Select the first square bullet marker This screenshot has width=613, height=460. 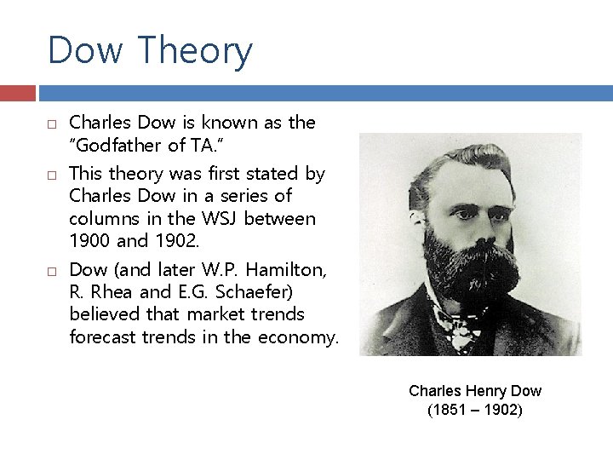pyautogui.click(x=52, y=124)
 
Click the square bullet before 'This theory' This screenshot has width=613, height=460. pyautogui.click(x=52, y=175)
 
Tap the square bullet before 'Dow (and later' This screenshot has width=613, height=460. pyautogui.click(x=52, y=271)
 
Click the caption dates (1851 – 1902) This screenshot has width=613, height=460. pyautogui.click(x=475, y=411)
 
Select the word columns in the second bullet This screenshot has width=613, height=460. pyautogui.click(x=100, y=219)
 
